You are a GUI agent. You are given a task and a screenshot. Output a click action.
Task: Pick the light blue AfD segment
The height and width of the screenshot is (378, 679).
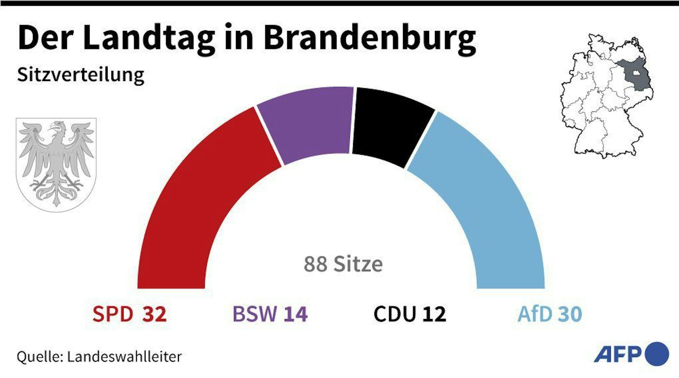[482, 197]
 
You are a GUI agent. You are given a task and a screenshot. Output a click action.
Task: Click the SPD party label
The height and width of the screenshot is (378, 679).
[113, 314]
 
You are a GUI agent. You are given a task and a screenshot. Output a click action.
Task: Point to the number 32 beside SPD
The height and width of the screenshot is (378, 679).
[154, 314]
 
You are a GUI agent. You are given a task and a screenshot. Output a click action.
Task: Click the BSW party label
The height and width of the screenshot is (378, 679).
[255, 314]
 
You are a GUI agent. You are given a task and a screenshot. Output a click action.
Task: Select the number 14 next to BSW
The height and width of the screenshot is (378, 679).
[296, 314]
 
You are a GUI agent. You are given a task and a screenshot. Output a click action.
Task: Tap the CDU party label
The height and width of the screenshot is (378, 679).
[395, 314]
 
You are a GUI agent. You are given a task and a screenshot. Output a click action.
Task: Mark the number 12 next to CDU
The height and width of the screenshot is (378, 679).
[434, 314]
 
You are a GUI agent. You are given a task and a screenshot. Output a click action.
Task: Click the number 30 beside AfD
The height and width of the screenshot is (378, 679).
[570, 314]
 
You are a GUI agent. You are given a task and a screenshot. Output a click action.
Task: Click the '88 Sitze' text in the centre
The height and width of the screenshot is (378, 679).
[343, 264]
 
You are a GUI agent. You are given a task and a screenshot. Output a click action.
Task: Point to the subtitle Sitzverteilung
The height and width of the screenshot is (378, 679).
[81, 75]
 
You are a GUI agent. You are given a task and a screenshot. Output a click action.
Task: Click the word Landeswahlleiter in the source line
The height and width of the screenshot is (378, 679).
[124, 357]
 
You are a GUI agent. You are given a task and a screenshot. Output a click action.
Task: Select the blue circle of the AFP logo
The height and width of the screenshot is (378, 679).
[657, 354]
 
